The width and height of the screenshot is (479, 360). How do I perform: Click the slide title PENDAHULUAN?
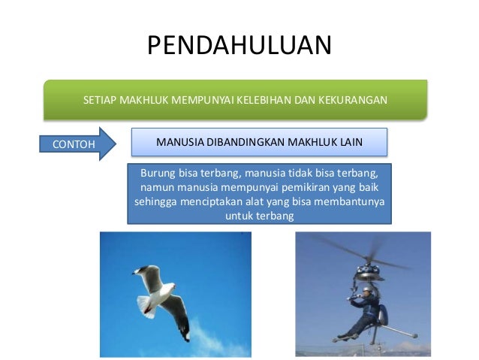pyautogui.click(x=239, y=46)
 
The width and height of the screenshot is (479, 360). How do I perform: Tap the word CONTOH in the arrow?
pyautogui.click(x=69, y=144)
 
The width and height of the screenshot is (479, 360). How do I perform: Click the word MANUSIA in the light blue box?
pyautogui.click(x=178, y=141)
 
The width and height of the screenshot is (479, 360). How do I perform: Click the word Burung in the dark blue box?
pyautogui.click(x=155, y=172)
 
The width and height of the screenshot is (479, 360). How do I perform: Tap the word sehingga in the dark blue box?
pyautogui.click(x=153, y=202)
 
